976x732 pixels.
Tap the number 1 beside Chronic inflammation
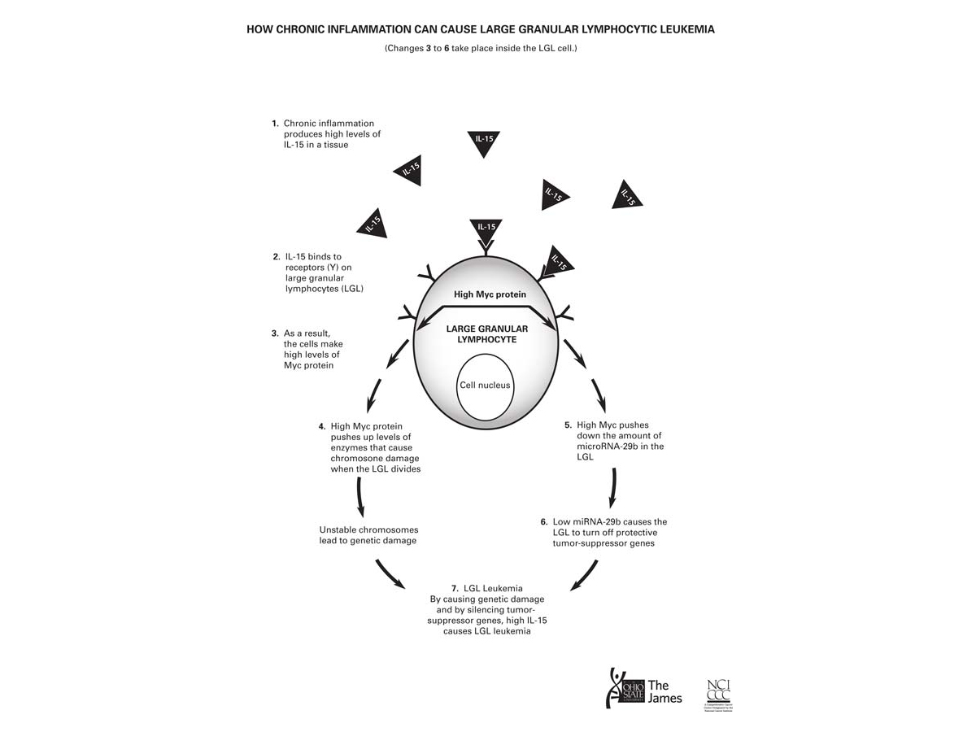[275, 124]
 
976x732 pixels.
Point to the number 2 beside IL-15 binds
[276, 257]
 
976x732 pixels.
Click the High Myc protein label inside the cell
[490, 294]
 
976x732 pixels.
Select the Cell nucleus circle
[485, 386]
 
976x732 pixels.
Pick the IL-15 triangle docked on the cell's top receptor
[486, 229]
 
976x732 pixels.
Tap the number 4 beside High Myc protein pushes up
[322, 426]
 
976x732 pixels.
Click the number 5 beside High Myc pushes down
[568, 425]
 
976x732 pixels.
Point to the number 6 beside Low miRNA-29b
[543, 521]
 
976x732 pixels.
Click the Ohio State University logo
[625, 688]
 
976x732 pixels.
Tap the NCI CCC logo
[719, 690]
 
